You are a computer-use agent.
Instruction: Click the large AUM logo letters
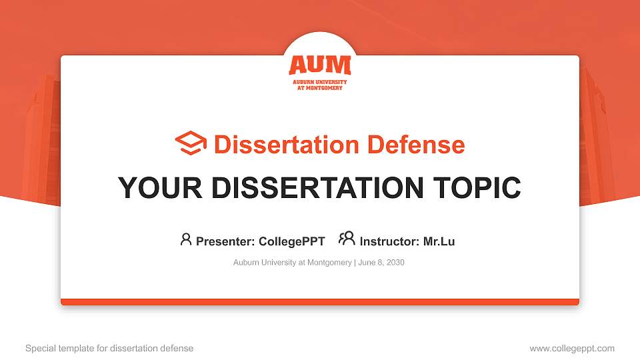tap(319, 65)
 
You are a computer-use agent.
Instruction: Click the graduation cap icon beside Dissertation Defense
tap(191, 144)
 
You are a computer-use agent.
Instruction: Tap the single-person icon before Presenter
tap(186, 239)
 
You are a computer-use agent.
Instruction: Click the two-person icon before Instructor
tap(347, 239)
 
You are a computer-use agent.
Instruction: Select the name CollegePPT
tap(291, 241)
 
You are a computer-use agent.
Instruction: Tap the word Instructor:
tap(389, 241)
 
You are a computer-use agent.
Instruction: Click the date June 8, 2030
tap(381, 263)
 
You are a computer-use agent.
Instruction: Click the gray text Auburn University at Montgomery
tap(292, 263)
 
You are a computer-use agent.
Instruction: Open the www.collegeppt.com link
tap(572, 348)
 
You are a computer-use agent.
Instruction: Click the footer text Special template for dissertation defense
tap(109, 348)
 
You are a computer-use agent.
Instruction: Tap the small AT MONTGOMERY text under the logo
tap(319, 88)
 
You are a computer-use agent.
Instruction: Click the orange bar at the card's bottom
tap(320, 302)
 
